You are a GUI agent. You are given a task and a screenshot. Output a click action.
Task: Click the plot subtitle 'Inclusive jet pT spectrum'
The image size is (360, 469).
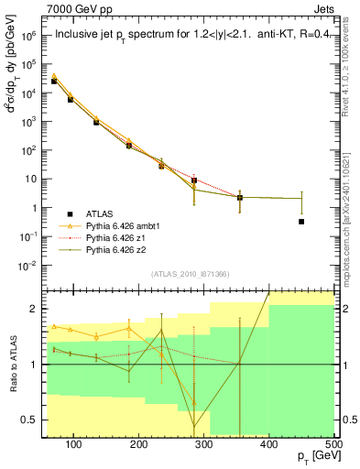point(129,36)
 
